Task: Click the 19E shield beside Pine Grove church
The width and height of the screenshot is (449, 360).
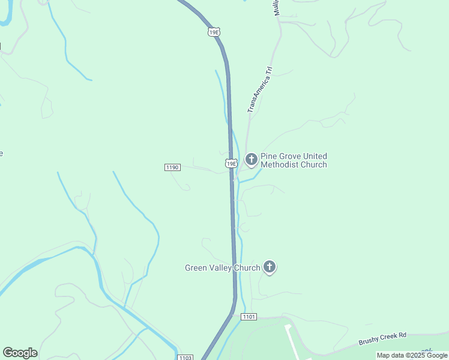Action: click(x=231, y=163)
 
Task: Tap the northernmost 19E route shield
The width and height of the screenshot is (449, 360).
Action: click(x=214, y=32)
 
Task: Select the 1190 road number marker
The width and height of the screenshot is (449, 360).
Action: click(x=172, y=167)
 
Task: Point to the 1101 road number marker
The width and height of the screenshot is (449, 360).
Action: click(x=249, y=316)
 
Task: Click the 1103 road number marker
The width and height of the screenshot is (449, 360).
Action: click(x=185, y=358)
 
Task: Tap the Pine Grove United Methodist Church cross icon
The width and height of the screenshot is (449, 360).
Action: click(x=252, y=160)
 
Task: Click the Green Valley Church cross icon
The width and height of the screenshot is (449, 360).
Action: click(x=270, y=268)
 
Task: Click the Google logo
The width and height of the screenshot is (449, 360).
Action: click(x=20, y=353)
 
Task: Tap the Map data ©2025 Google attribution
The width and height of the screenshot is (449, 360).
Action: click(x=412, y=356)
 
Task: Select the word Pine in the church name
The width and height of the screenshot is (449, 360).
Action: click(x=269, y=156)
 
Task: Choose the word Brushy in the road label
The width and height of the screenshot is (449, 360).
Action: click(x=369, y=341)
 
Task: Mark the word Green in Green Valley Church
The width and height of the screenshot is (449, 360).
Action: click(x=196, y=268)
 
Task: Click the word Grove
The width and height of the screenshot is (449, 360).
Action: click(x=289, y=156)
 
